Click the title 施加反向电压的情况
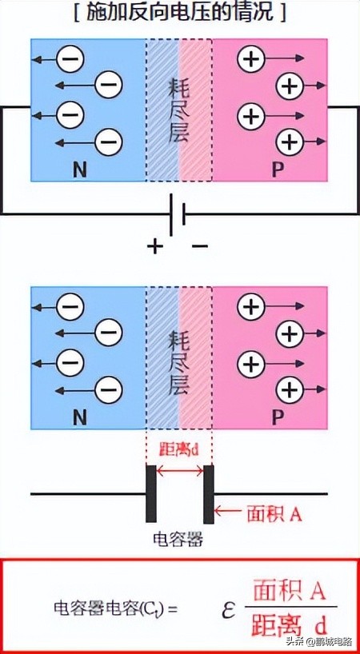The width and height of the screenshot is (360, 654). click(179, 13)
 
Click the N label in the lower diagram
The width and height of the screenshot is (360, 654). click(79, 417)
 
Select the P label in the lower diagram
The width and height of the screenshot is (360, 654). click(278, 417)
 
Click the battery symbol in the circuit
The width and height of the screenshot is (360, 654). click(178, 214)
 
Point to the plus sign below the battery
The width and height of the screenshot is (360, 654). click(154, 246)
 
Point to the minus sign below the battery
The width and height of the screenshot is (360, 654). click(200, 246)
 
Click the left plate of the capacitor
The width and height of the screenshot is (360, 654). click(150, 493)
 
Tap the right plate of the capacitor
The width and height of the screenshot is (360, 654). click(208, 493)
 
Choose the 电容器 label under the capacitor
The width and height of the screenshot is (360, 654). click(178, 539)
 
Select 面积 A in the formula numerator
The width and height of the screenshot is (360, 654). click(289, 592)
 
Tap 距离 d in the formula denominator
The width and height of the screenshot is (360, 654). click(289, 624)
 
